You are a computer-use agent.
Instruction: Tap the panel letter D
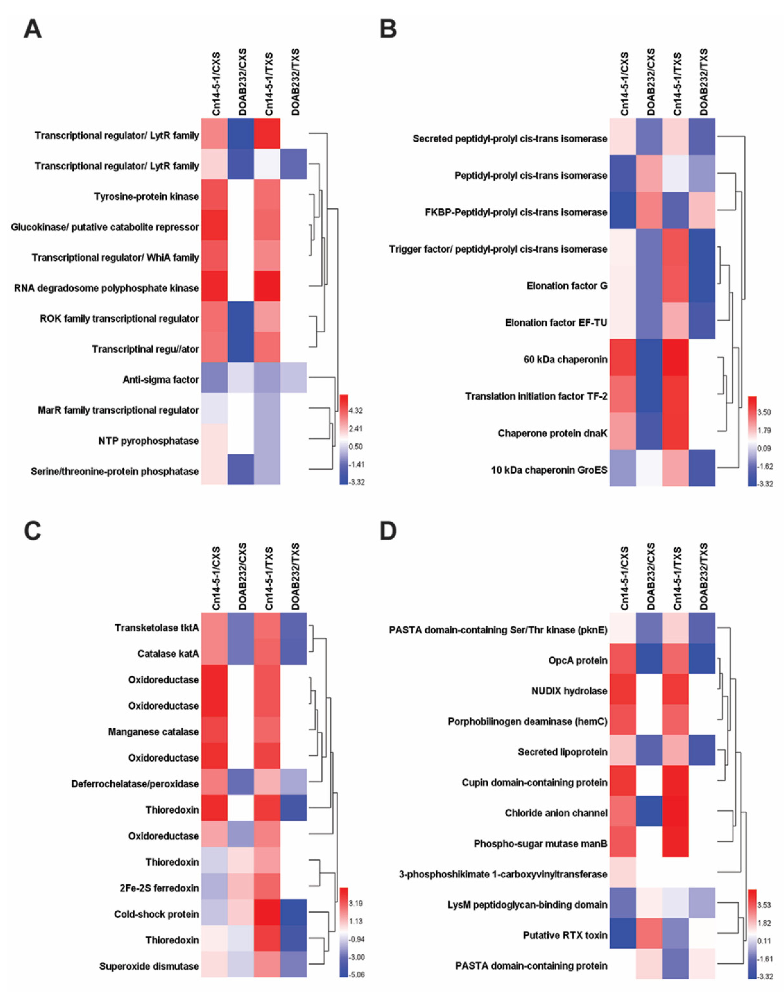point(388,531)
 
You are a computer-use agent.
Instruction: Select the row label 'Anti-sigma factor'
point(161,379)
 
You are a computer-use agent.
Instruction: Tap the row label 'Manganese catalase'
point(153,732)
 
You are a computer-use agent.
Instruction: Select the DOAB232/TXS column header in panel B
point(702,83)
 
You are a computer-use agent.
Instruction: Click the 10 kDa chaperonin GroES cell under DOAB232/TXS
point(702,468)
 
